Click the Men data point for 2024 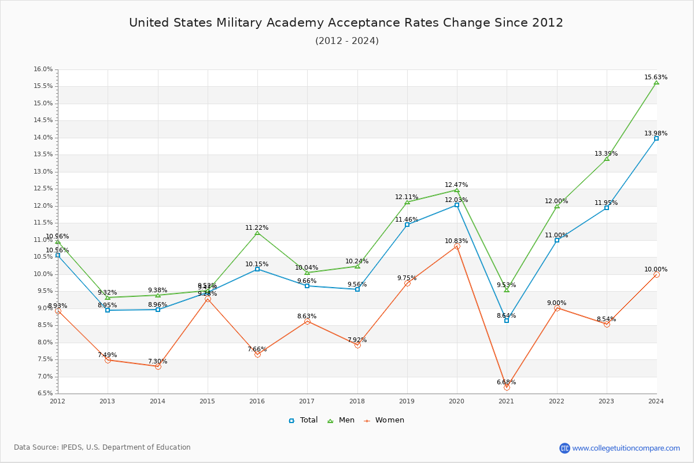pyautogui.click(x=656, y=82)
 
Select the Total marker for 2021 pyautogui.click(x=507, y=320)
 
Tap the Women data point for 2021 pyautogui.click(x=507, y=387)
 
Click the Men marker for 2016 pyautogui.click(x=257, y=233)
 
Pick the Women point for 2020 pyautogui.click(x=457, y=246)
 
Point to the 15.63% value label pyautogui.click(x=656, y=77)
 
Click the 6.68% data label pyautogui.click(x=506, y=382)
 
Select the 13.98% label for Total pyautogui.click(x=656, y=133)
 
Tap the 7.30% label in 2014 pyautogui.click(x=157, y=361)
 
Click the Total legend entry pyautogui.click(x=303, y=420)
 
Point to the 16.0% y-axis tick pyautogui.click(x=43, y=69)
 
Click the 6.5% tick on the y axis pyautogui.click(x=45, y=394)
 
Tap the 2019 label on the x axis pyautogui.click(x=407, y=400)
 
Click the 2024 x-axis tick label pyautogui.click(x=656, y=400)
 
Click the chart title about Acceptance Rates pyautogui.click(x=346, y=23)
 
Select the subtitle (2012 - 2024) pyautogui.click(x=346, y=41)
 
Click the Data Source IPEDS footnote pyautogui.click(x=102, y=447)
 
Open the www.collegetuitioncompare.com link pyautogui.click(x=626, y=448)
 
